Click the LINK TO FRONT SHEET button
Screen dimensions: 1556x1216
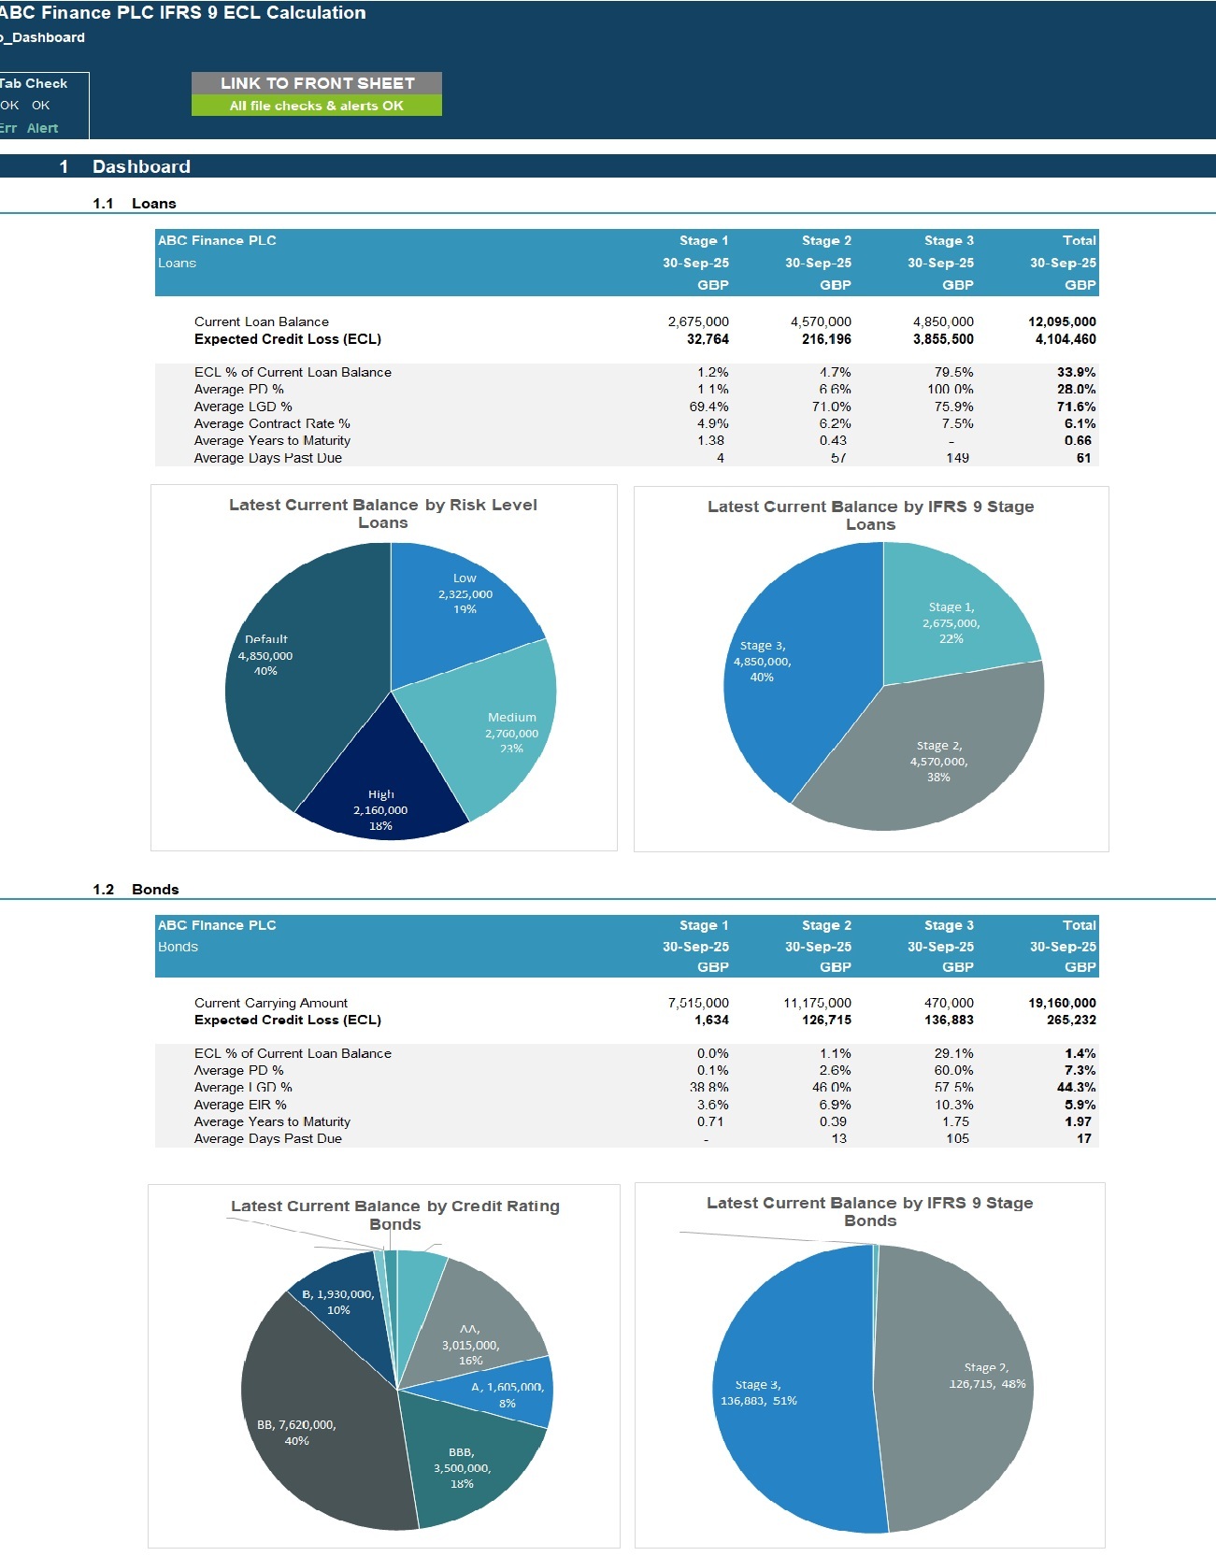click(317, 83)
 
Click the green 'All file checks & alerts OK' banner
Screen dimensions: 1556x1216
click(317, 106)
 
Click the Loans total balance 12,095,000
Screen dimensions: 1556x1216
click(1062, 321)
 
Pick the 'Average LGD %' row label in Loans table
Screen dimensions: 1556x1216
click(243, 407)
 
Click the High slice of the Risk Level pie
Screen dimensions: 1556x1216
click(381, 785)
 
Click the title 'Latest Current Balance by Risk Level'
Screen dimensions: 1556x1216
click(383, 505)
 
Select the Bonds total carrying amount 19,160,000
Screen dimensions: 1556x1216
click(1062, 1003)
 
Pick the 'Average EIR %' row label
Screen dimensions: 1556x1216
click(240, 1105)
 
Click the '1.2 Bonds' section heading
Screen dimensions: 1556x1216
click(136, 889)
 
